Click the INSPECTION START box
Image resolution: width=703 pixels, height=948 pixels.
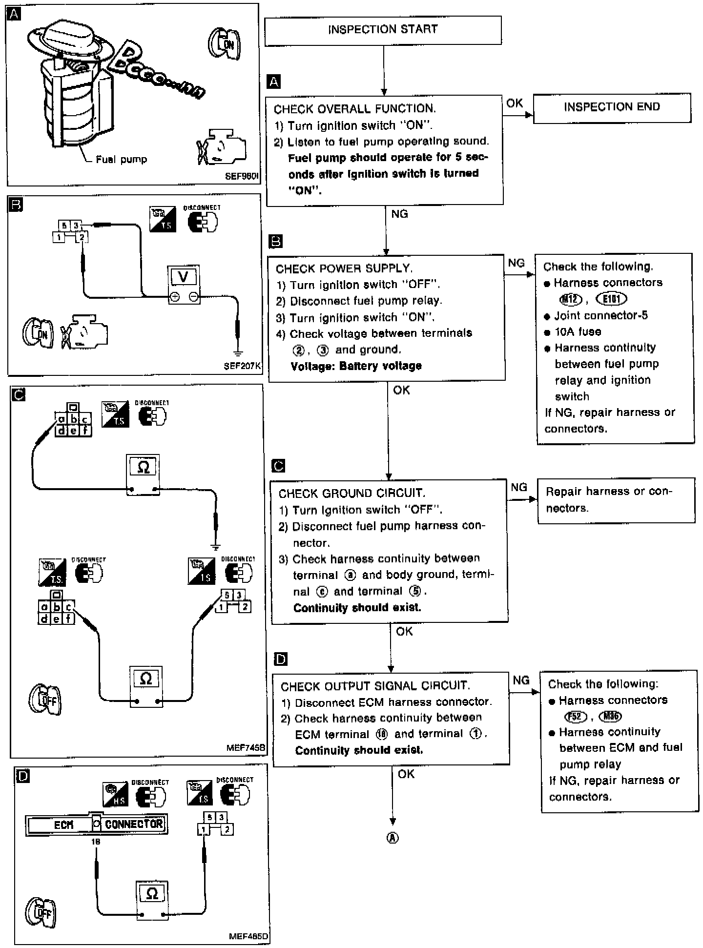tap(383, 30)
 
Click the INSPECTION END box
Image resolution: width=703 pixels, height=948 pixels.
tap(612, 107)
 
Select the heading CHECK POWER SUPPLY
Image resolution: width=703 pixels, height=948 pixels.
tap(344, 268)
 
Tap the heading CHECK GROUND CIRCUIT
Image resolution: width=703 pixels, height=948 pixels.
tap(352, 493)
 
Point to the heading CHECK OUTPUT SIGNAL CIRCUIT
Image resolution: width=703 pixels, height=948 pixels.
tap(375, 686)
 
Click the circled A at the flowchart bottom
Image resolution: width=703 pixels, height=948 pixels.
tap(393, 838)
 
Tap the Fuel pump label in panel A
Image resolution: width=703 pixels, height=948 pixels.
tap(121, 160)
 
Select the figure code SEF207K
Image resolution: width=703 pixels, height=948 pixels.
tap(242, 366)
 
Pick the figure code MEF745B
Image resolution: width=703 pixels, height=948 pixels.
tap(246, 747)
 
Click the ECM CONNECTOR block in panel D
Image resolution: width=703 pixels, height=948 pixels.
tap(96, 824)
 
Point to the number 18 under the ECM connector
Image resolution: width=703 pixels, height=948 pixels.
tap(96, 842)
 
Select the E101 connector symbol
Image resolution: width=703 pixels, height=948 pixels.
tap(611, 299)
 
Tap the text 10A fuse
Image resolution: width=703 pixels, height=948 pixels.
tap(578, 332)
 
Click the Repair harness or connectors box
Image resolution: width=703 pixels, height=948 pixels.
tap(616, 500)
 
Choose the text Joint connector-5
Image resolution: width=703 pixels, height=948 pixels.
tap(601, 315)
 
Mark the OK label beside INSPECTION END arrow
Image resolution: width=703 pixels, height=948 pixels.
tap(515, 103)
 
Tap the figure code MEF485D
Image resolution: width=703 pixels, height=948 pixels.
tap(248, 937)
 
